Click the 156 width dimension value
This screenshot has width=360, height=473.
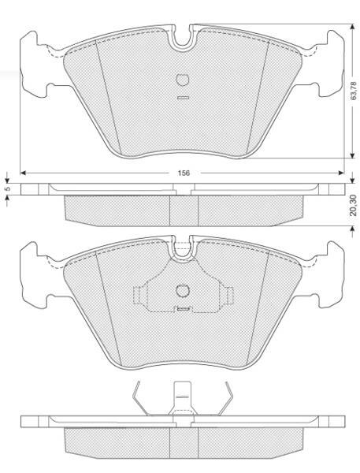click(x=184, y=173)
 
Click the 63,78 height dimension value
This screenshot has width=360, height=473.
click(x=354, y=91)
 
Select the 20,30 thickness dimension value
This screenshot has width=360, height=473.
click(x=354, y=205)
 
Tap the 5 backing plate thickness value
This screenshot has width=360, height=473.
click(x=8, y=188)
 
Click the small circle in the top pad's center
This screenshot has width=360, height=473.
click(x=182, y=80)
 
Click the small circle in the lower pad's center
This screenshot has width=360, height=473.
click(x=182, y=290)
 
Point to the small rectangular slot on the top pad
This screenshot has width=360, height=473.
click(x=183, y=98)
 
